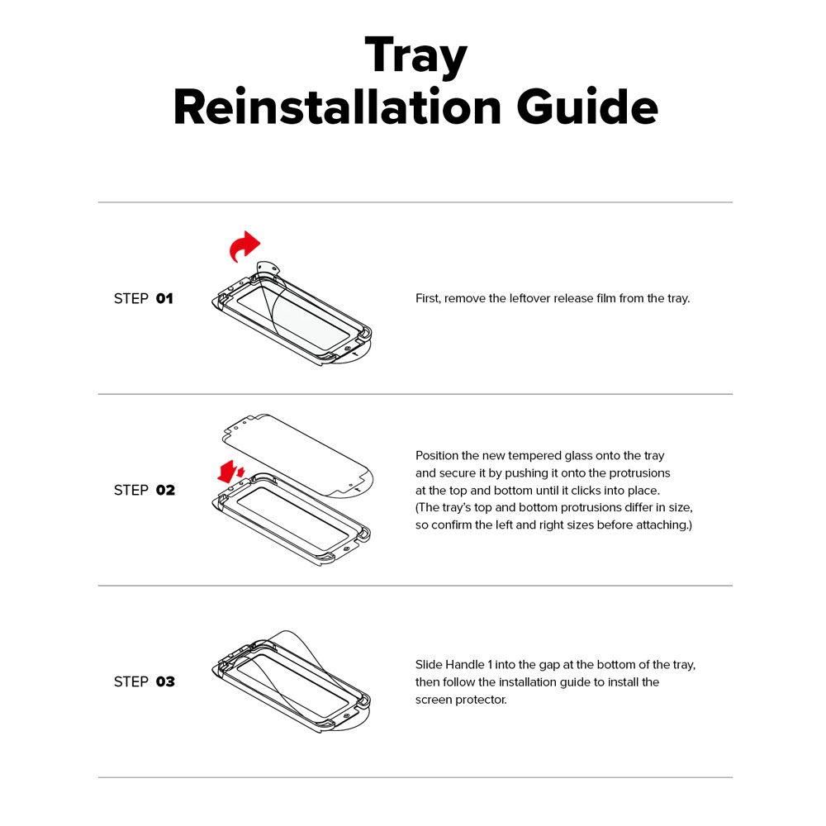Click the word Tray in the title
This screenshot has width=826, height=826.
click(415, 57)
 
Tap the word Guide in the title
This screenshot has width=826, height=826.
click(587, 107)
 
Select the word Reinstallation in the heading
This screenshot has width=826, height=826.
click(337, 107)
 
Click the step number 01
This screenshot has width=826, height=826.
click(165, 299)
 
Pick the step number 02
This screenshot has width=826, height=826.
click(165, 491)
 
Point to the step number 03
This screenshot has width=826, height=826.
click(165, 681)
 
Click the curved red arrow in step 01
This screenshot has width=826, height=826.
click(244, 246)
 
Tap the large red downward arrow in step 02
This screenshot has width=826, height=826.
click(227, 472)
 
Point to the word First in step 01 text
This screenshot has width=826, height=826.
click(428, 298)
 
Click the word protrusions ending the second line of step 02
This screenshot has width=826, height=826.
click(639, 473)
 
